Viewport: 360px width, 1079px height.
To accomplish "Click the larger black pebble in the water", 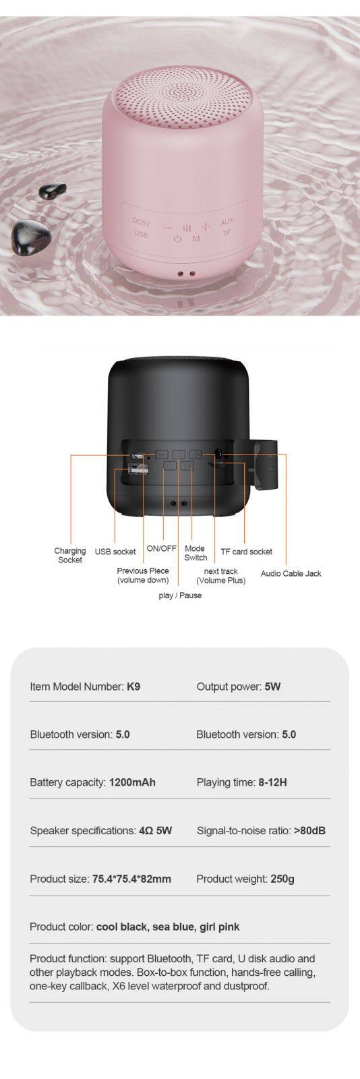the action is pos(31,237).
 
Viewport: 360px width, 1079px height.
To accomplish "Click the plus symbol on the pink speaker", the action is pos(206,227).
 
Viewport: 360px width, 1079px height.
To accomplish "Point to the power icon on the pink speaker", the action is pos(177,239).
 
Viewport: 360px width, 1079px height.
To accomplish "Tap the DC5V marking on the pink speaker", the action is pos(141,223).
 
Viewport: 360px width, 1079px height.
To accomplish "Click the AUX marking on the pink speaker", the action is pos(227,222).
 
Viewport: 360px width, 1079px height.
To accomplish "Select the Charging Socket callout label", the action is pos(70,555).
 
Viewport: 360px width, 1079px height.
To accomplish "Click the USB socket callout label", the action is pos(115,552).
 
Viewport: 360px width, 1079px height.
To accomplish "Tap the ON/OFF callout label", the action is pos(161,548).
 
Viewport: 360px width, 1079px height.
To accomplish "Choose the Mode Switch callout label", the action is pos(196,553).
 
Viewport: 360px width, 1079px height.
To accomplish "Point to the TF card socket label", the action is pos(247,552).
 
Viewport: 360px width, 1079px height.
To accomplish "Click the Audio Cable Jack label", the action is pos(291,573).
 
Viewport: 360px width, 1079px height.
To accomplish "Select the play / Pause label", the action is pos(180,595).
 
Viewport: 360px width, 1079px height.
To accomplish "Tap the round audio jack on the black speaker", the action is pos(218,454).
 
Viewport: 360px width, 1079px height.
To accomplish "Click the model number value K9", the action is pos(133,687).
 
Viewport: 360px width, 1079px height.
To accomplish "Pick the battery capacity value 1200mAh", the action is pos(132,782).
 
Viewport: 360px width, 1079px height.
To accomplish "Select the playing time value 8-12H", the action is pos(272,782).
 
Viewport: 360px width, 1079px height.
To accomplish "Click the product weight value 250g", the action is pos(282,879).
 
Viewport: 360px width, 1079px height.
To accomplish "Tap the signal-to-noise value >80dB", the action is pos(309,830).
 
